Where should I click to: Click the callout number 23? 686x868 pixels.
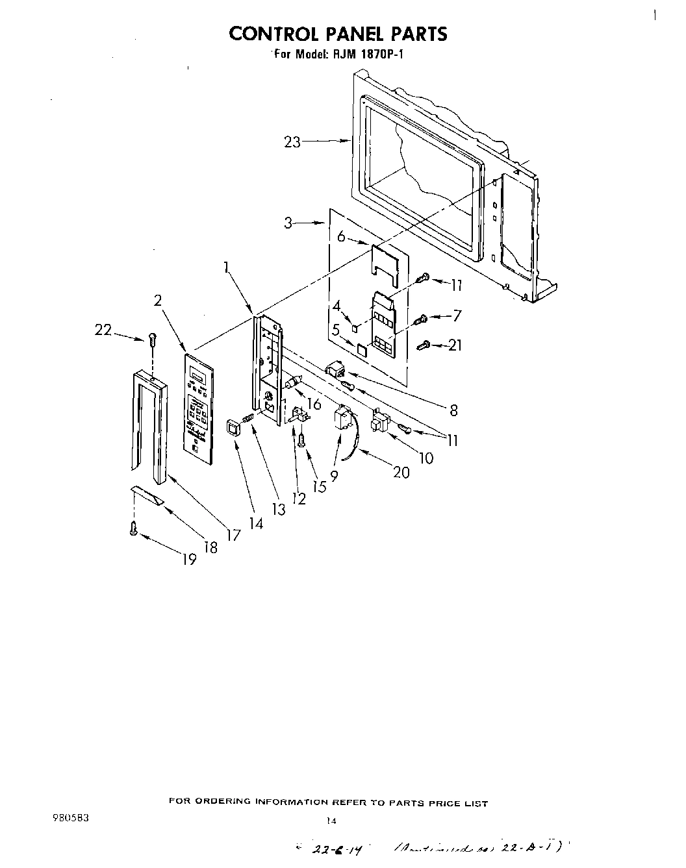[x=292, y=142]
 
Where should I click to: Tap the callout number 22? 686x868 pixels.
[x=103, y=330]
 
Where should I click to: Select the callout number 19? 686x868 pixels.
[x=189, y=559]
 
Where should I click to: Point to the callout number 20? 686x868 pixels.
[x=401, y=472]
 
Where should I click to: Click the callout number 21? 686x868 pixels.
[x=455, y=345]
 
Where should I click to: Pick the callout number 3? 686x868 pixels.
[x=288, y=223]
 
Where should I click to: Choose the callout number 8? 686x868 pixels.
[x=453, y=410]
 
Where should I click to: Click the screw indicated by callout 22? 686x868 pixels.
[x=153, y=338]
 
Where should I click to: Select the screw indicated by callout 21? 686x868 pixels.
[x=424, y=345]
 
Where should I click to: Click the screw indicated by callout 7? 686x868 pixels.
[x=421, y=318]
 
